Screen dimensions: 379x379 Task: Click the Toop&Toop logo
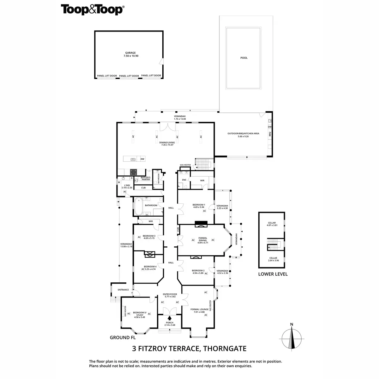click(92, 9)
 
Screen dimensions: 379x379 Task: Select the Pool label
click(244, 58)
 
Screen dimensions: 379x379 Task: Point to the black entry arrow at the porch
click(170, 318)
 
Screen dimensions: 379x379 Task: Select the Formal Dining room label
click(202, 239)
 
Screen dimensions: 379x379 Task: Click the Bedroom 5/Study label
click(139, 314)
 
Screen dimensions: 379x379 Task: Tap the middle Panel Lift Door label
click(129, 76)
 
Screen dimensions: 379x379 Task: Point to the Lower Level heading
click(273, 274)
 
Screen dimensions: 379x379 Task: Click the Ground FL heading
click(120, 337)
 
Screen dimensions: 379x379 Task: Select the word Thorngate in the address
click(225, 349)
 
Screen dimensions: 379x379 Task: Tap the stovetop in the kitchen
click(133, 172)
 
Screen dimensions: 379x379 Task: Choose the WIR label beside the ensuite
click(202, 181)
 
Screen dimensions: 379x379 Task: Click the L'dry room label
click(127, 186)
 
